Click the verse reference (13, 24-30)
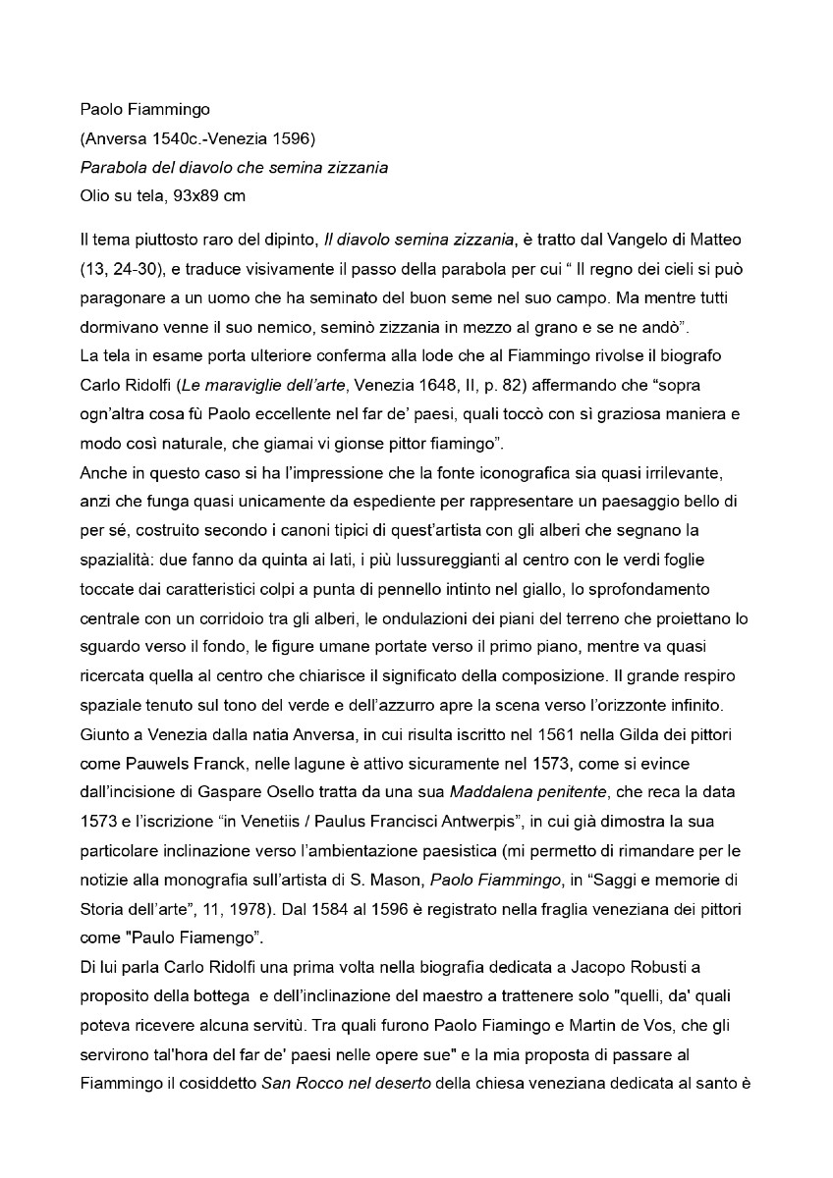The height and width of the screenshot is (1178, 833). pos(124,268)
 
